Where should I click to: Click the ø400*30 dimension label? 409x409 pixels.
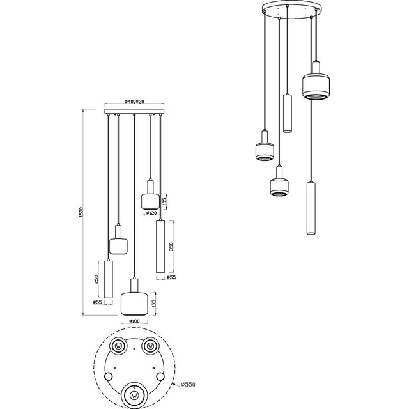(134, 102)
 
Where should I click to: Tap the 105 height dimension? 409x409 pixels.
(166, 202)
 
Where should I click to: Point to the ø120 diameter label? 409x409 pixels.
(151, 213)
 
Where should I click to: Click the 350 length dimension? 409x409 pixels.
(171, 247)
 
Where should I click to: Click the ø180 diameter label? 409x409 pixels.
(134, 321)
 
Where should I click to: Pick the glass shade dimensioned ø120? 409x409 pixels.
(150, 200)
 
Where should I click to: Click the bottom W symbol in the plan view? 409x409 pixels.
(135, 392)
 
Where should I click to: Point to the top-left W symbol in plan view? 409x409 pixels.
(119, 346)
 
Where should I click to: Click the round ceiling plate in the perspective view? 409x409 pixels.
(288, 10)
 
